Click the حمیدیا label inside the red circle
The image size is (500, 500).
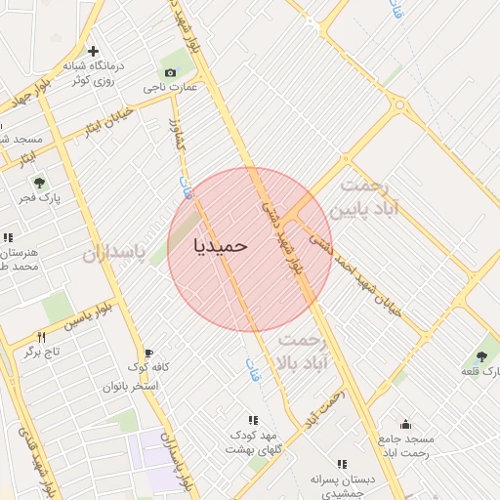(x=221, y=244)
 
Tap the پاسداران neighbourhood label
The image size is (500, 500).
(x=112, y=256)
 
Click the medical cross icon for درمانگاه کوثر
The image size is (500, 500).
(x=93, y=51)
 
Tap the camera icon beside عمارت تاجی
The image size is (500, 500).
(x=171, y=73)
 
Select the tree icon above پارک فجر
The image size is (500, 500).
(x=39, y=183)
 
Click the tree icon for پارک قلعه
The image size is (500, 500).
(x=481, y=356)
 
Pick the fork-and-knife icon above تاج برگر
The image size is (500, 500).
(x=41, y=336)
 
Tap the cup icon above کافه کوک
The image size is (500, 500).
(x=148, y=353)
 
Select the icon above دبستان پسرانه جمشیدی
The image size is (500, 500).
(x=342, y=465)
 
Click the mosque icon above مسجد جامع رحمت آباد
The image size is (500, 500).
(x=405, y=424)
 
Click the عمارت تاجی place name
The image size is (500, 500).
(x=172, y=88)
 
